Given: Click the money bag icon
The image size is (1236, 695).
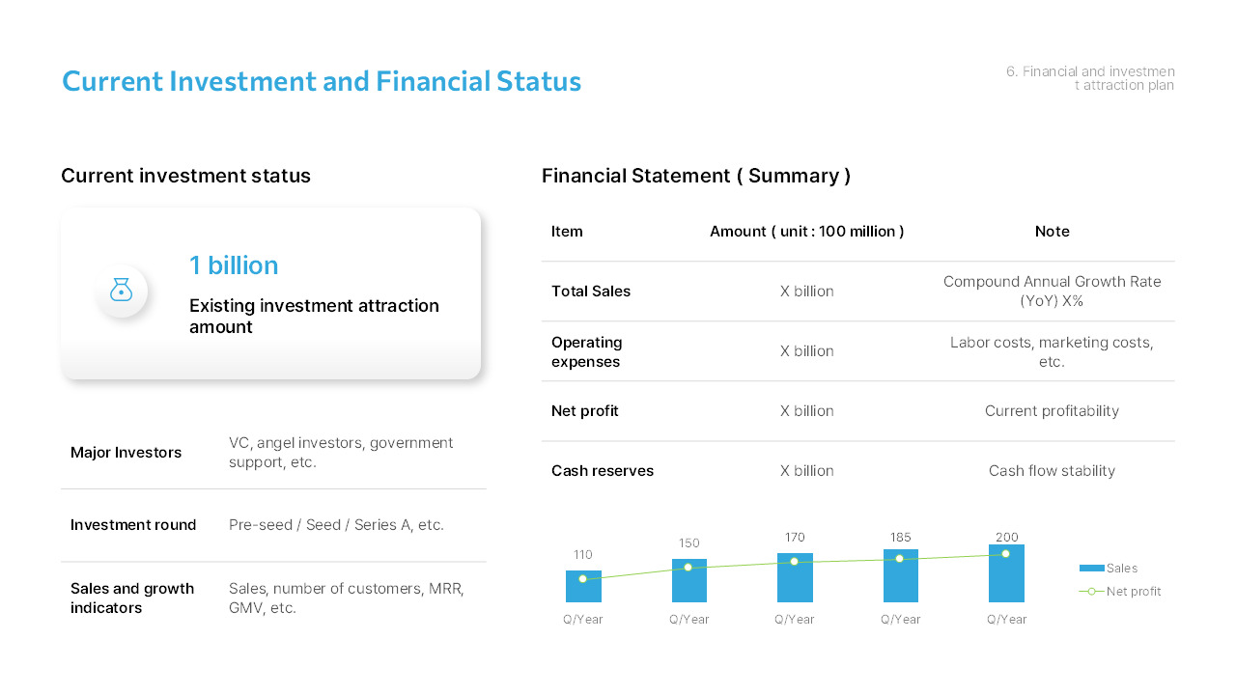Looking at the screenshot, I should [121, 290].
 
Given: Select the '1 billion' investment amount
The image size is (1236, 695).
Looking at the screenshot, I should [234, 265].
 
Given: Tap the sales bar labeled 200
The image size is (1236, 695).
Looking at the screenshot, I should [1006, 577].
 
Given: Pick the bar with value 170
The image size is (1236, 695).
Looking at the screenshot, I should [795, 581].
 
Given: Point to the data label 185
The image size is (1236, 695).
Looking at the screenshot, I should [900, 538].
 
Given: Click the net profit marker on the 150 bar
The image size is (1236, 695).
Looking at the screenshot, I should [688, 567].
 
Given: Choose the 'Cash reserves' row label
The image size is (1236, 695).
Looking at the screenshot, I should [603, 471].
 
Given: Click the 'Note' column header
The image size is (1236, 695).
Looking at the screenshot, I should [1052, 232].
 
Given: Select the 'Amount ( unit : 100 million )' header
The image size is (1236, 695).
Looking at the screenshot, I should [807, 232].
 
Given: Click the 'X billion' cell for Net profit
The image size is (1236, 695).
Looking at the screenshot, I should [807, 411].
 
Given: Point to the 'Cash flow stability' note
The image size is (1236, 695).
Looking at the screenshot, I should [1052, 471].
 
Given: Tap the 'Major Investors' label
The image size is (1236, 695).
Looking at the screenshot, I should [126, 453].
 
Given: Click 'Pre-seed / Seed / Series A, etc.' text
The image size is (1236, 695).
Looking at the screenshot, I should [336, 525].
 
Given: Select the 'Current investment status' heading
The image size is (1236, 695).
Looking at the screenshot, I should [185, 176].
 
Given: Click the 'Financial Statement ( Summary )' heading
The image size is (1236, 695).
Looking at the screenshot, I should [696, 176].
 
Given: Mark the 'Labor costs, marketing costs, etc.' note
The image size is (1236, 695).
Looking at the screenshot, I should [1052, 351].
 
